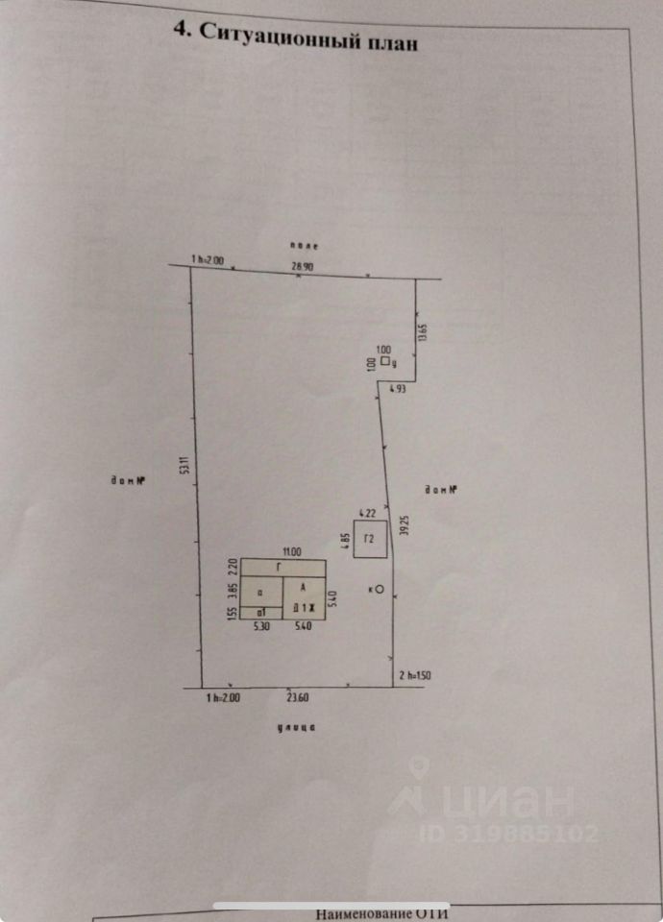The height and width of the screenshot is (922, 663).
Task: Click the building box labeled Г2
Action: click(371, 540)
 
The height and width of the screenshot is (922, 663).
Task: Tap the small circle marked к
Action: click(380, 589)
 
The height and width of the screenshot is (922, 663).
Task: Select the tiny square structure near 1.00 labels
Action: click(384, 362)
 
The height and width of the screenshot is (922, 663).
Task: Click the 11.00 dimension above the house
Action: click(291, 551)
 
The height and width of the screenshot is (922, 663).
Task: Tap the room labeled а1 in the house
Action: click(259, 612)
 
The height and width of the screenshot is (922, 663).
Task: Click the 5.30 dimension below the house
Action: click(260, 626)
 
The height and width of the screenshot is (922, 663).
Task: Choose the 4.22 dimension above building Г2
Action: click(365, 513)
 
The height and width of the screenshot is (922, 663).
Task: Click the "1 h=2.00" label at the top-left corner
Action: click(208, 260)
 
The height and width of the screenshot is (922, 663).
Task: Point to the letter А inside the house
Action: click(304, 587)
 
